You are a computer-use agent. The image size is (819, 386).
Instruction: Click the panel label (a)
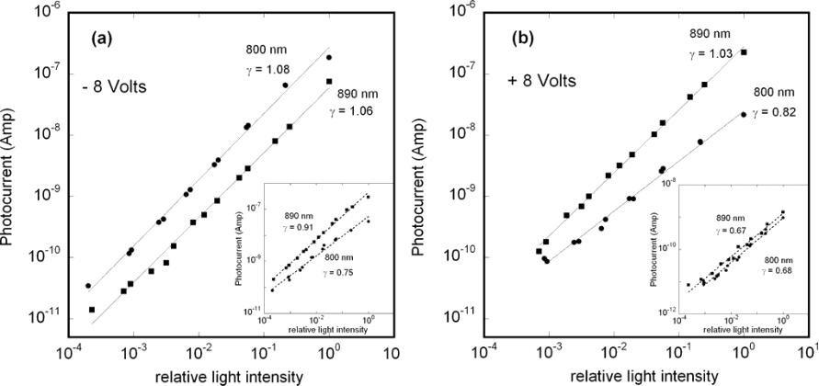(x=101, y=40)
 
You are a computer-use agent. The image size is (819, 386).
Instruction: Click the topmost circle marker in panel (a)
(x=329, y=57)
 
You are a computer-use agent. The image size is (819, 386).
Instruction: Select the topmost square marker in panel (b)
(x=744, y=52)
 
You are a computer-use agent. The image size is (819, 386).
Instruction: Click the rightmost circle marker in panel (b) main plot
(x=743, y=114)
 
